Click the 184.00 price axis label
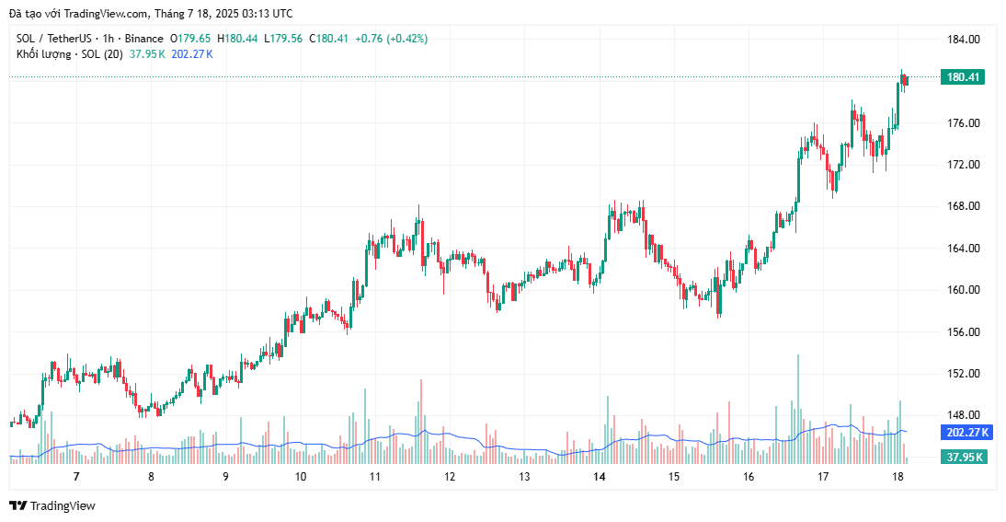(963, 40)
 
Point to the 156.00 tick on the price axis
(963, 331)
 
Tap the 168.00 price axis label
(963, 206)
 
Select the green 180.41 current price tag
(962, 77)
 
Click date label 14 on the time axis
(600, 477)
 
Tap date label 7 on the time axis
(76, 477)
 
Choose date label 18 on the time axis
(898, 477)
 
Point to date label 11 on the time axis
(375, 477)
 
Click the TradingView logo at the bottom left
(52, 505)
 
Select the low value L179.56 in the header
(284, 39)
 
